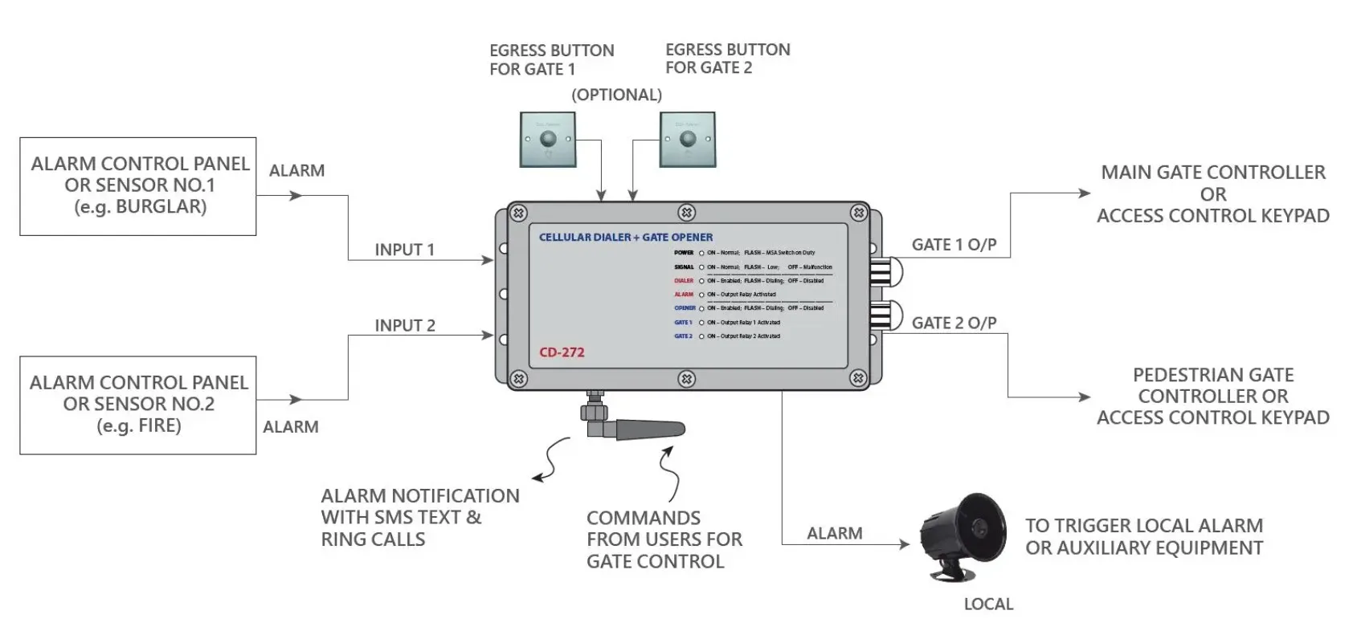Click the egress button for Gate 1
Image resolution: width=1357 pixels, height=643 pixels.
[x=547, y=140]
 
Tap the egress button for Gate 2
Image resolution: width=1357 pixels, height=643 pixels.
[x=687, y=140]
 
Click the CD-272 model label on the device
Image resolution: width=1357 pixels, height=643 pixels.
[x=562, y=352]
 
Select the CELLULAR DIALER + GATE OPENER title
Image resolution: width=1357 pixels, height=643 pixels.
[x=625, y=238]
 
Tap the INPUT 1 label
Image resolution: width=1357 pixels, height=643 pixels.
[x=404, y=250]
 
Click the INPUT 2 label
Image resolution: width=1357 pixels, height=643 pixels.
[x=404, y=325]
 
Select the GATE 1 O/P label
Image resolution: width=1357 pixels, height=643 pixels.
[x=954, y=245]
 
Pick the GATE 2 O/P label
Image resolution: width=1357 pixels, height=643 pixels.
[x=954, y=323]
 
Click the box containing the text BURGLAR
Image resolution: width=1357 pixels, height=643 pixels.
[x=138, y=186]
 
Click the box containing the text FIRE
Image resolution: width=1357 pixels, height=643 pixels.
[x=138, y=405]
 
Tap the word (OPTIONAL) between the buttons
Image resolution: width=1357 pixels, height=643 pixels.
[x=616, y=95]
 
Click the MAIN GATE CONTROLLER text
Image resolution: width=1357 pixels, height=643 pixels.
[x=1212, y=173]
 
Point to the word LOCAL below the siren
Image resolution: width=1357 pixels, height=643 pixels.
[x=988, y=604]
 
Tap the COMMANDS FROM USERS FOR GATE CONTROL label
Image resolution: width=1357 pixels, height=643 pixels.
[x=664, y=539]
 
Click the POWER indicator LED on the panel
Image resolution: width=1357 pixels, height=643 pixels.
[x=701, y=253]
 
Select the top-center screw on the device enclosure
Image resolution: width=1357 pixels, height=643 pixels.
[x=686, y=213]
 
